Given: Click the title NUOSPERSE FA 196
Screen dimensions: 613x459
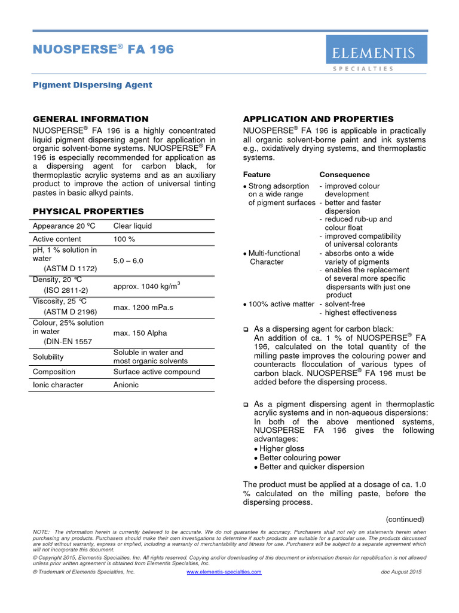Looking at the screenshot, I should [x=103, y=50].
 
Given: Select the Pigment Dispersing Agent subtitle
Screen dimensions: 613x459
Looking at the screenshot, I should [x=92, y=85].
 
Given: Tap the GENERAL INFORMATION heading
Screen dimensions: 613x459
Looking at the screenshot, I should [x=90, y=119].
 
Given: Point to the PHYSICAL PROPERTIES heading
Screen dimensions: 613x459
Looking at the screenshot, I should [x=88, y=211].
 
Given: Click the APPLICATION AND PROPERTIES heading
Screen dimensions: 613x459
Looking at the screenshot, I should [x=318, y=119].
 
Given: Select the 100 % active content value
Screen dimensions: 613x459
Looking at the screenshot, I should [x=124, y=239].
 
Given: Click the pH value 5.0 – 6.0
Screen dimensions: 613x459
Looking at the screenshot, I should [x=128, y=261].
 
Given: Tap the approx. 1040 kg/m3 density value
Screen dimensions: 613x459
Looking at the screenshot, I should [x=146, y=286].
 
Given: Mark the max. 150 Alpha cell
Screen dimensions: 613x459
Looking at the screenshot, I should [x=140, y=333].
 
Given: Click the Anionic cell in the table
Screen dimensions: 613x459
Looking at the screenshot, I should [x=126, y=385].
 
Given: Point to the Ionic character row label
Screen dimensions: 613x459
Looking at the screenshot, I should [x=58, y=385].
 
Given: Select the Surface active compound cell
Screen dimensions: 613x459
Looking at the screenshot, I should [x=157, y=372].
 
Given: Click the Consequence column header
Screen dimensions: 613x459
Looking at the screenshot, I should [x=344, y=175].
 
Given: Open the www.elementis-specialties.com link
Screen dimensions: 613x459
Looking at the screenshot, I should [x=224, y=572].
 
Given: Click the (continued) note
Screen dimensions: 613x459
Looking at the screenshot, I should [x=405, y=519].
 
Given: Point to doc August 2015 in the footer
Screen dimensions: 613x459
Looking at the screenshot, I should [x=401, y=572].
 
